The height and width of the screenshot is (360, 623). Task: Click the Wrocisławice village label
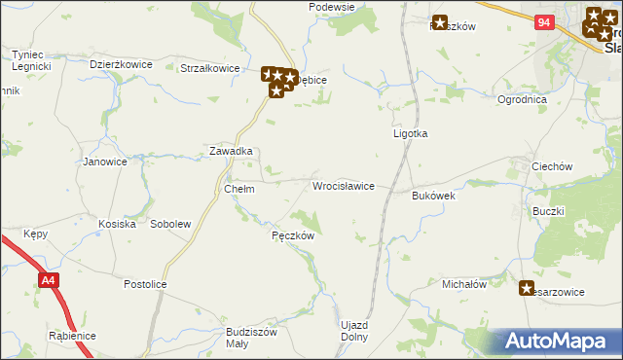pos(343,185)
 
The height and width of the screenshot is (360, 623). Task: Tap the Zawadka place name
pos(232,152)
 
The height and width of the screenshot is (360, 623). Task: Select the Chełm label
pos(238,189)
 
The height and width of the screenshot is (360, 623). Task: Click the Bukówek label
pos(434,196)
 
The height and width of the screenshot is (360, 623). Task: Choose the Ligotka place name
pos(410,133)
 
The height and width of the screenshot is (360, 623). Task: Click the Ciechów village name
pos(551,166)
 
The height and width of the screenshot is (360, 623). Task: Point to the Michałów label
pos(464,284)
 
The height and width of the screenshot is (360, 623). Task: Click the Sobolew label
pos(170,224)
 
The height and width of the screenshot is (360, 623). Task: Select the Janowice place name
pos(105,162)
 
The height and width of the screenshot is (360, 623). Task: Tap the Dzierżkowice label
pos(122,64)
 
